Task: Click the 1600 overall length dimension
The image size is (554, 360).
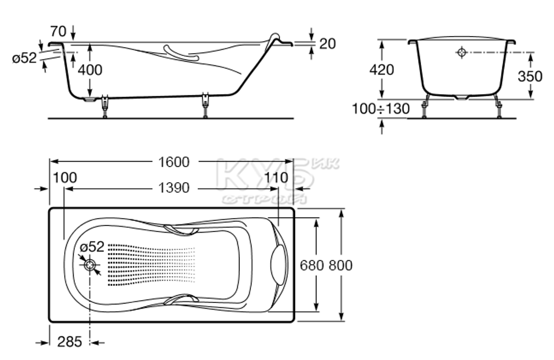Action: pos(174,162)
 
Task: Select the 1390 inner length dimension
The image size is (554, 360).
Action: pos(174,188)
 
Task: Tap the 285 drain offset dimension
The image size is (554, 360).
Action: pos(70,342)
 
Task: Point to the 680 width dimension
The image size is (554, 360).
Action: pos(312,265)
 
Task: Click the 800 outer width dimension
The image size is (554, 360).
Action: pos(341,265)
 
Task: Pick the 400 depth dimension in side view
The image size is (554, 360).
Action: pos(90,70)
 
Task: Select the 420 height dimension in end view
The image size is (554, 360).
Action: pos(382,70)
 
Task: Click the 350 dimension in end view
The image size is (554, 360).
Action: pos(530,76)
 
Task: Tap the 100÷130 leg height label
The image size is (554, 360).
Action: pos(381,109)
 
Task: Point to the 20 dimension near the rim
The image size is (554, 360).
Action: pos(327,44)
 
